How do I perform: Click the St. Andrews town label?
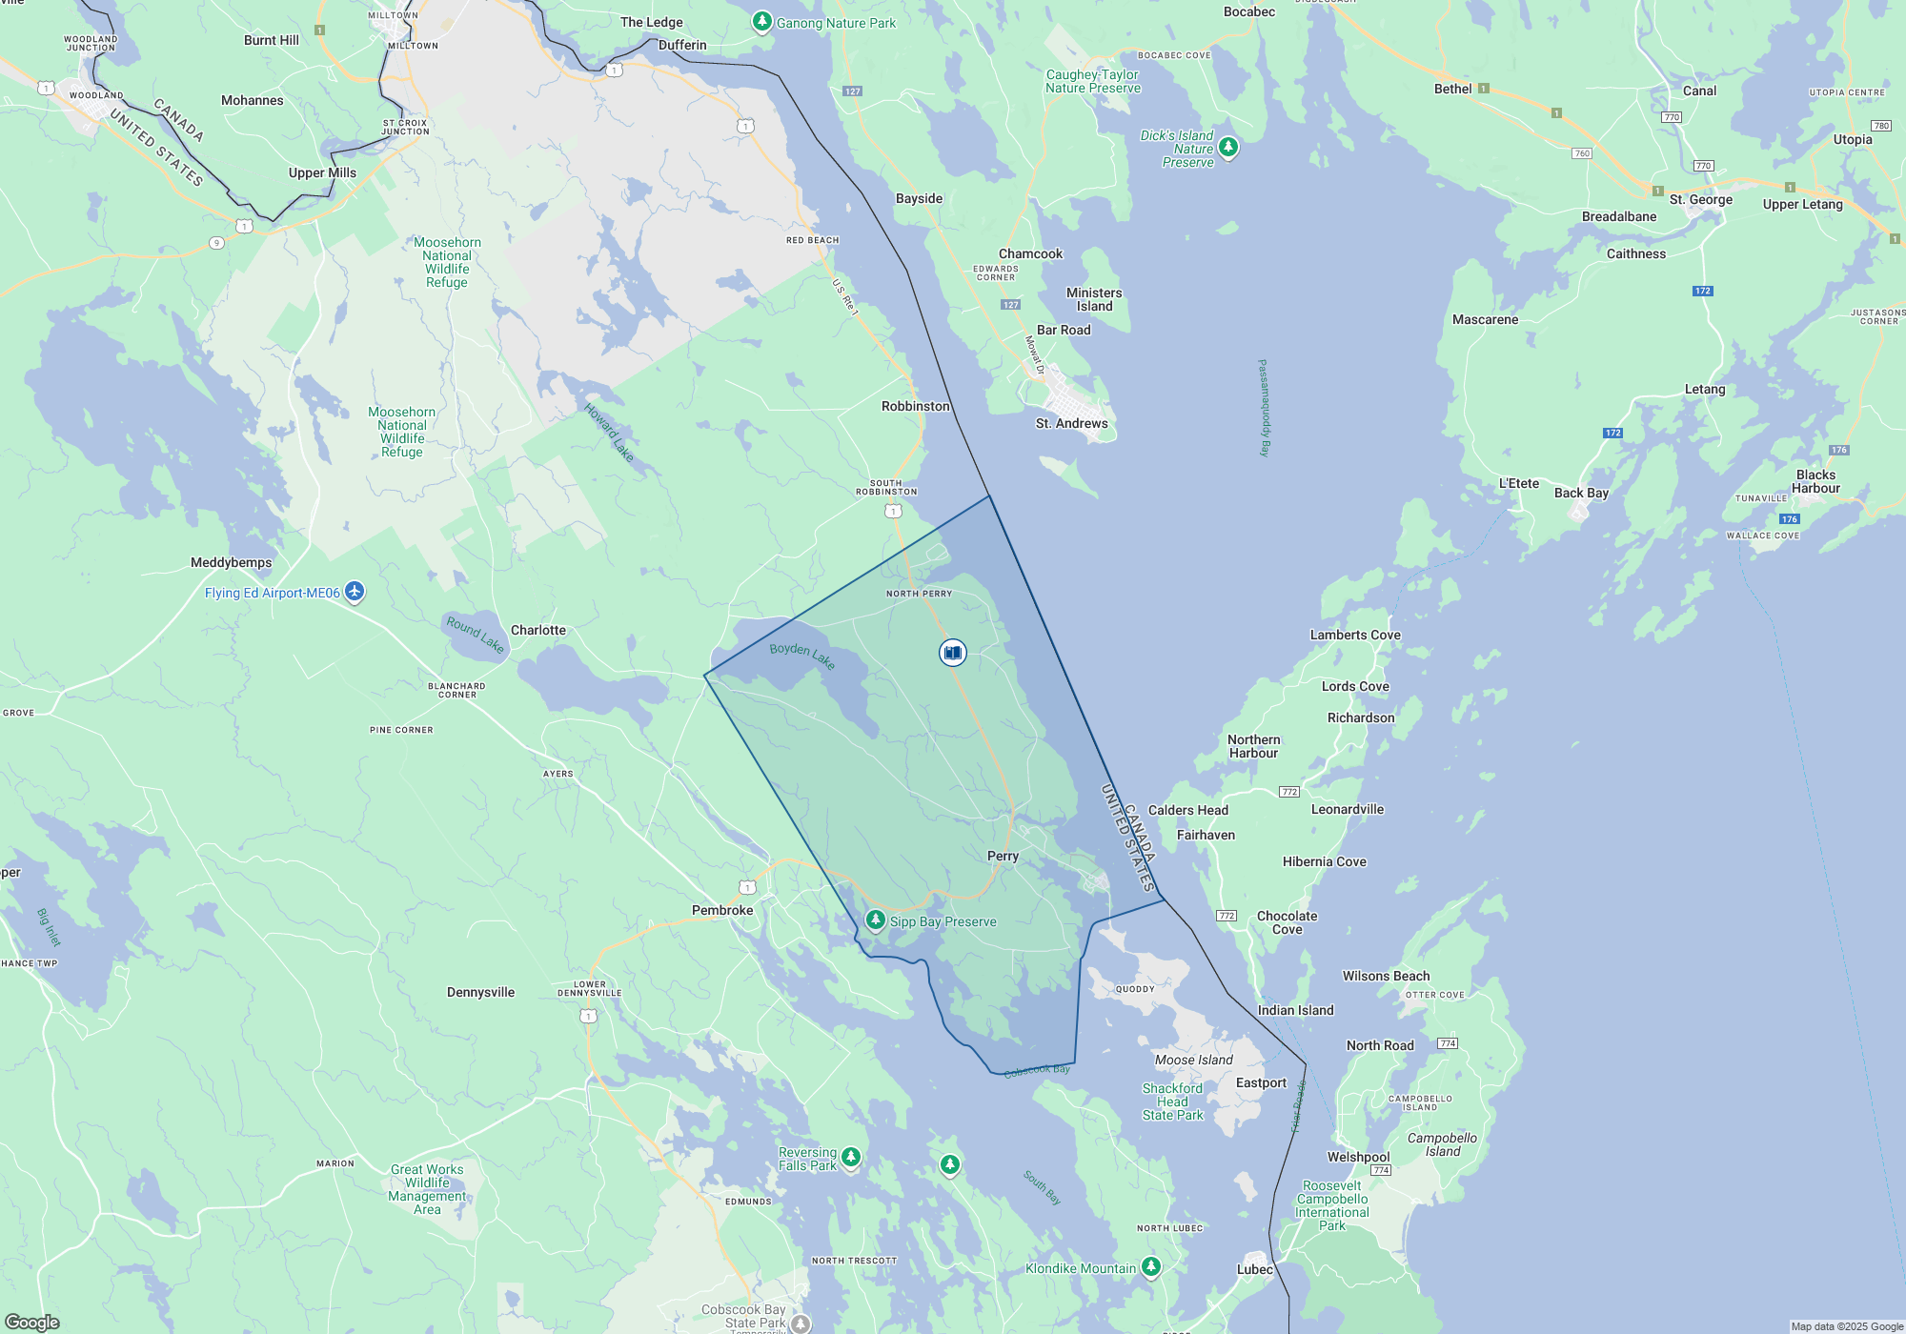[x=1071, y=423]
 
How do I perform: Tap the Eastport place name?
[x=1260, y=1082]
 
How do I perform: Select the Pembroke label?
[x=722, y=910]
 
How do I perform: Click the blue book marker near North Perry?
[x=952, y=653]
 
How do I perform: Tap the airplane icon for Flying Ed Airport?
[x=355, y=592]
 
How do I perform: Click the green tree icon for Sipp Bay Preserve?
[x=875, y=920]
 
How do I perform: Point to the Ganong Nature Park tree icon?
[x=761, y=21]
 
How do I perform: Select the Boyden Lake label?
[x=802, y=655]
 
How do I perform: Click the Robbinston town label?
[x=915, y=406]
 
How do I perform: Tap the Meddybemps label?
[x=231, y=562]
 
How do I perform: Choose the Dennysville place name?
[x=480, y=992]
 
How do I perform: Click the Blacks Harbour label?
[x=1815, y=481]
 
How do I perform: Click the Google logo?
[x=31, y=1323]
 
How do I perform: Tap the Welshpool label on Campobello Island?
[x=1358, y=1157]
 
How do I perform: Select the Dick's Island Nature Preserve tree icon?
[x=1228, y=146]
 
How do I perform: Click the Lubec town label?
[x=1254, y=1269]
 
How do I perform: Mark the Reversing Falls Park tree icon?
[x=851, y=1157]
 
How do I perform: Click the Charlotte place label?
[x=537, y=630]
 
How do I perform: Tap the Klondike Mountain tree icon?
[x=1151, y=1266]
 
